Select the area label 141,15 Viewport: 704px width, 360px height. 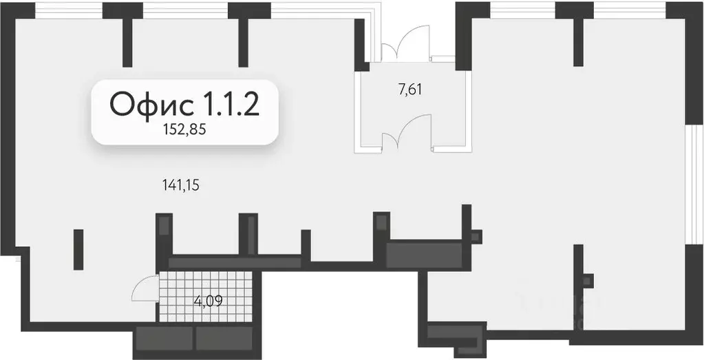click(180, 184)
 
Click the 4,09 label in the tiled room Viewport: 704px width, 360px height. click(209, 300)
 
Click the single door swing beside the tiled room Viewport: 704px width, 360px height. click(145, 288)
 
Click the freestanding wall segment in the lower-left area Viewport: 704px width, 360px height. click(78, 250)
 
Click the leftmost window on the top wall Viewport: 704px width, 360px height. click(69, 10)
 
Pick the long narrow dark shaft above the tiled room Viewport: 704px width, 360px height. click(235, 262)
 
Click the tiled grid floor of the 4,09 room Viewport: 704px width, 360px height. click(206, 297)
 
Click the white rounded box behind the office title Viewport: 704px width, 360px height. click(185, 112)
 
